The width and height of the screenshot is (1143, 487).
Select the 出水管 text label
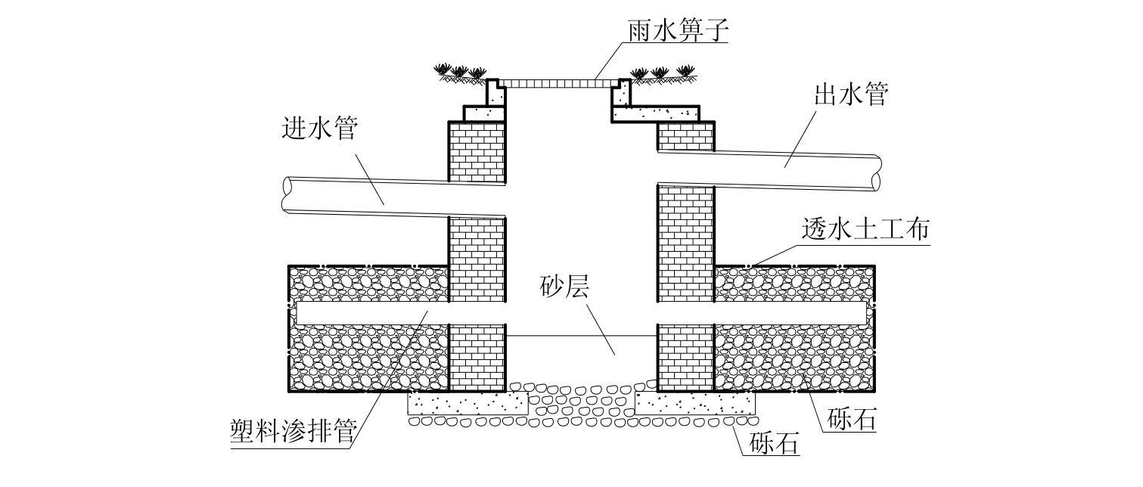[850, 95]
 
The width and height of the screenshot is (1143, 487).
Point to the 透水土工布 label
[865, 230]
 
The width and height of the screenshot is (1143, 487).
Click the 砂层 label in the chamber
[564, 288]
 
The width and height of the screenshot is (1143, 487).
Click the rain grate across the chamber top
[558, 82]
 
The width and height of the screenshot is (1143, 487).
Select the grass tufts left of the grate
[459, 73]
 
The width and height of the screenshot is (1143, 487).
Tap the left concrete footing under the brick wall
[456, 403]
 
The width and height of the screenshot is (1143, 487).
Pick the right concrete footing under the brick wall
[694, 403]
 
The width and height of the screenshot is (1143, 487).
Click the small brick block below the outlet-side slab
[685, 136]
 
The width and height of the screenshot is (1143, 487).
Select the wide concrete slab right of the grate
[655, 113]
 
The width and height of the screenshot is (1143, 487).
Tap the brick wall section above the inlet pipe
[477, 151]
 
